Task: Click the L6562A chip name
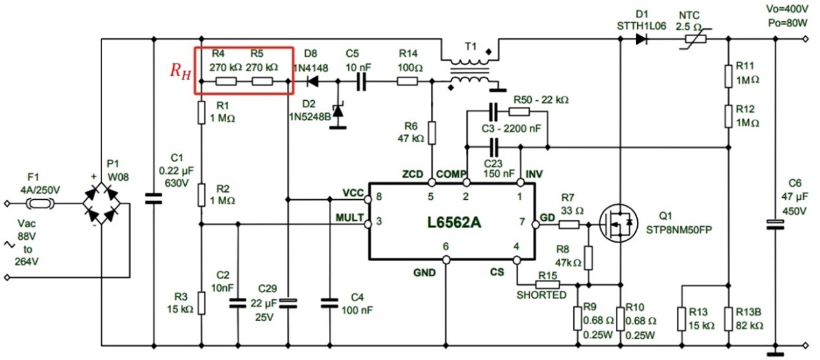click(454, 222)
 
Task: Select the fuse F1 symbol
click(41, 204)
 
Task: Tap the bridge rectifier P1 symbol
click(101, 204)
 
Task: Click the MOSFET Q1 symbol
click(618, 224)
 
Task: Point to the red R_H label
click(180, 70)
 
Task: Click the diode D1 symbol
click(641, 39)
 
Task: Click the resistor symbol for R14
click(408, 81)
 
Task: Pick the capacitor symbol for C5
click(361, 81)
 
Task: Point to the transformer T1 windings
click(470, 70)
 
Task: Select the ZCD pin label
click(412, 175)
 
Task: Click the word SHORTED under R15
click(541, 295)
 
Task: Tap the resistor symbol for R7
click(569, 224)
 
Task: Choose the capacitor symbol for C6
click(775, 224)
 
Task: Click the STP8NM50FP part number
click(679, 230)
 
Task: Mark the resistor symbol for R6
click(432, 133)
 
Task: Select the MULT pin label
click(350, 218)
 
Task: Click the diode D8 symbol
click(312, 81)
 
